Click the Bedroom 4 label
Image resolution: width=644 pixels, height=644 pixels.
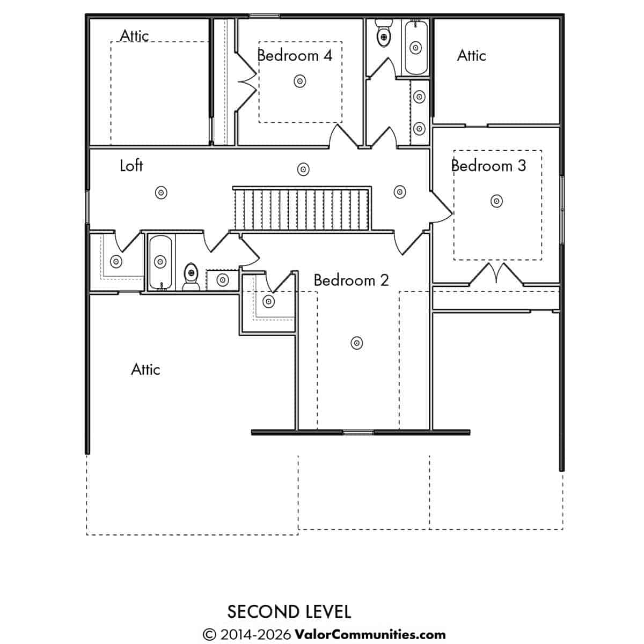pos(295,55)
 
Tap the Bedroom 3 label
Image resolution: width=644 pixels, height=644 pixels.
pos(488,166)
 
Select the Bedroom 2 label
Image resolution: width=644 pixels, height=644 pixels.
pos(352,280)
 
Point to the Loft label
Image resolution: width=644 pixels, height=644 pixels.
pos(131,166)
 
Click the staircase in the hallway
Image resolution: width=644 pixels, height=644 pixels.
pos(302,209)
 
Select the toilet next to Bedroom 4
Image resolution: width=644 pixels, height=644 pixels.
pos(383,33)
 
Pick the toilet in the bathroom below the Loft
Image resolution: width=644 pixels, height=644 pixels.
pos(191,276)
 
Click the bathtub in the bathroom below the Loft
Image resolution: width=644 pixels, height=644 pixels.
pos(160,262)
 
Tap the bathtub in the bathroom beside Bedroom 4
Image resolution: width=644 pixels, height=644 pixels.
pos(416,47)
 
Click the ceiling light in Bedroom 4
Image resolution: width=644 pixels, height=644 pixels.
pos(300,81)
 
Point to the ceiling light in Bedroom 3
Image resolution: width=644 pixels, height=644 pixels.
pos(496,201)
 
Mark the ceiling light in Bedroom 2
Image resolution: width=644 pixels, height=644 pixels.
pos(357,343)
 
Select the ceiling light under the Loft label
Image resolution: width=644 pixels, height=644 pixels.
pos(161,193)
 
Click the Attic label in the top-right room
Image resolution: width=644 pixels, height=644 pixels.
pos(471,55)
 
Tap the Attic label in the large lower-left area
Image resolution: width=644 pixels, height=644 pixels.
pos(145,369)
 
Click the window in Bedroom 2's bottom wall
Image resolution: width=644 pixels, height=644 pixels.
pos(358,432)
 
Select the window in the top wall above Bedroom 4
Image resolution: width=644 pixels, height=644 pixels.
pos(264,16)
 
